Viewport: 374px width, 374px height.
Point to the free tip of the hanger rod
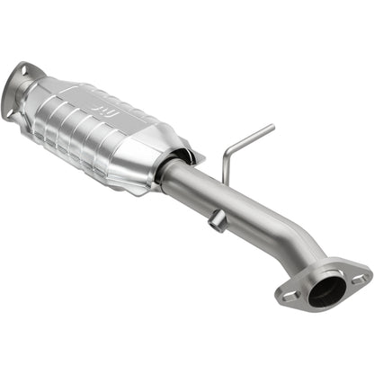click(x=272, y=127)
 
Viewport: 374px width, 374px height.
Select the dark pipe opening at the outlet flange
click(x=326, y=289)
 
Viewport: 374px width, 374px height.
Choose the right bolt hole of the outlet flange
click(x=361, y=280)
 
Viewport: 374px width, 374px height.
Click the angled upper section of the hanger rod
click(x=249, y=137)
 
